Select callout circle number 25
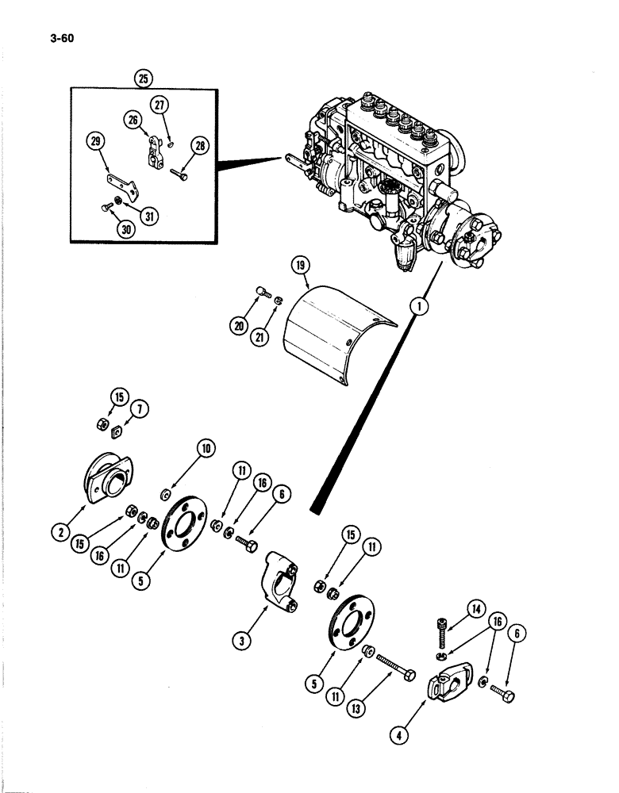pos(144,78)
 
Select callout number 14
pos(475,609)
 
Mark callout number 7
pos(140,409)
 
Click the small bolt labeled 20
pos(265,294)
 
